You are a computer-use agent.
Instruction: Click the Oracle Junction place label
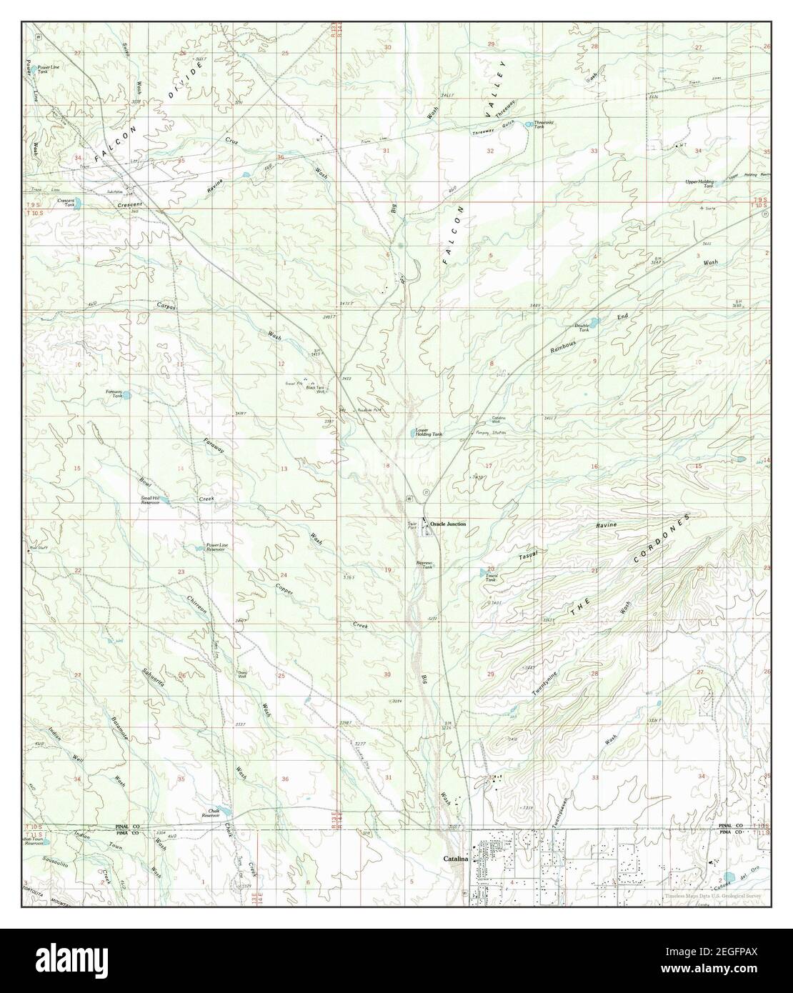448,524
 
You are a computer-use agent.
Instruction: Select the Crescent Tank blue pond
77,203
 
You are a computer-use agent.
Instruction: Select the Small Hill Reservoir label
154,500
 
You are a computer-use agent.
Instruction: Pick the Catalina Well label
499,421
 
